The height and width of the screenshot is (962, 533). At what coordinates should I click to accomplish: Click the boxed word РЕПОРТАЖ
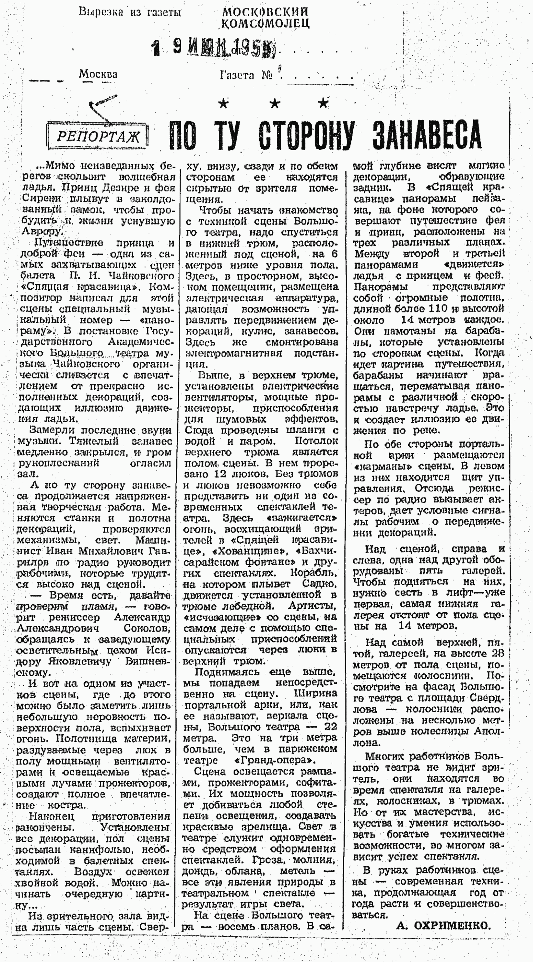98,137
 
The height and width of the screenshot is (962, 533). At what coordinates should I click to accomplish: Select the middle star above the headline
275,103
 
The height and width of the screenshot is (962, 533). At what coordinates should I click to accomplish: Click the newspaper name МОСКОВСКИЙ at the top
265,12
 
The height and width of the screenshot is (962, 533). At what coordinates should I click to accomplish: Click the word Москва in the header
98,74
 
